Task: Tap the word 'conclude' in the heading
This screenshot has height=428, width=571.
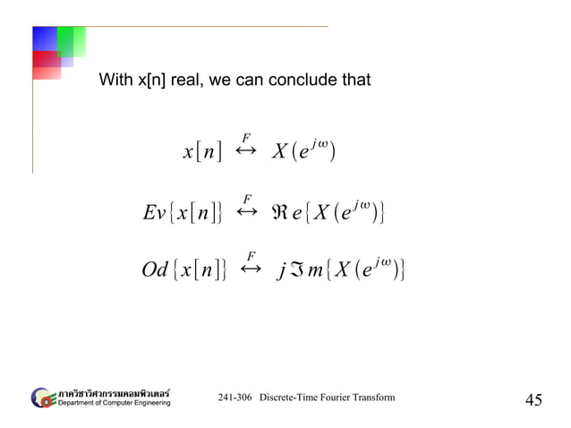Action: tap(300, 81)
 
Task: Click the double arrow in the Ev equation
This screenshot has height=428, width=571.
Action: tap(248, 213)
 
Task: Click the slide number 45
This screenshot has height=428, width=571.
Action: tap(533, 399)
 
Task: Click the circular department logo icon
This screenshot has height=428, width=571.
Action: tap(43, 397)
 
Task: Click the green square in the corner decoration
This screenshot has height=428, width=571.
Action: tap(71, 40)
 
